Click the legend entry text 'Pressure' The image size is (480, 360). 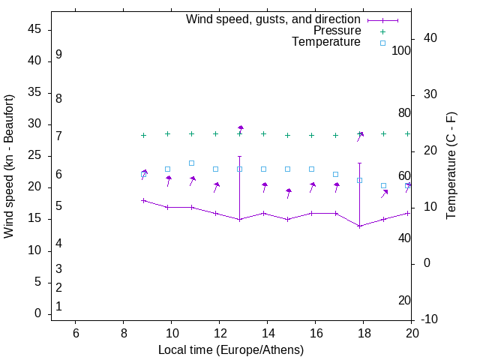pyautogui.click(x=337, y=31)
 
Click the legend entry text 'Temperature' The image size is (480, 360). pyautogui.click(x=326, y=42)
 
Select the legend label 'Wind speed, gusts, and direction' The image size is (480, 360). pyautogui.click(x=274, y=19)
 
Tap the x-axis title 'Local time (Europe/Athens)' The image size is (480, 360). pyautogui.click(x=231, y=350)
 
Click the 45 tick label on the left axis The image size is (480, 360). pyautogui.click(x=34, y=29)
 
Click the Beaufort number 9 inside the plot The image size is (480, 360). pyautogui.click(x=58, y=55)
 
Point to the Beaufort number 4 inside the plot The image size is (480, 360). pyautogui.click(x=58, y=243)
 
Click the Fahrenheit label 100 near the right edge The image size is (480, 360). pyautogui.click(x=402, y=51)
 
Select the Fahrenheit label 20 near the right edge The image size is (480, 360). pyautogui.click(x=404, y=301)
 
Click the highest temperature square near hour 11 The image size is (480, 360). pyautogui.click(x=191, y=163)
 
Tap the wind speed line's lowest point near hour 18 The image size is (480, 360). pyautogui.click(x=359, y=226)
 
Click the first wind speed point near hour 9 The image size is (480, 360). pyautogui.click(x=143, y=200)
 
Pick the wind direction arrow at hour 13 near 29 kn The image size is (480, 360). pyautogui.click(x=240, y=129)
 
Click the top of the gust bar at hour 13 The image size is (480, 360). pyautogui.click(x=239, y=156)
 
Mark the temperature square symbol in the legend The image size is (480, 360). pyautogui.click(x=382, y=43)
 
